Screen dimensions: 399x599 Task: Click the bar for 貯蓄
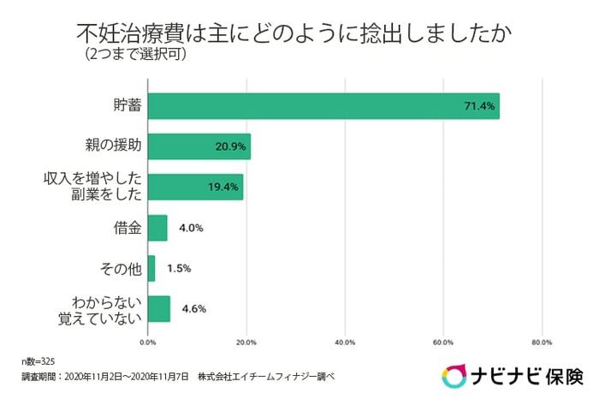323,105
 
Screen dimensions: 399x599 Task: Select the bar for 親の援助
199,146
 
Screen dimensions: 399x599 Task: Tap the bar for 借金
157,228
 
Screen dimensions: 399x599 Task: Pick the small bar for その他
151,268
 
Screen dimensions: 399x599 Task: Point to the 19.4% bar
195,187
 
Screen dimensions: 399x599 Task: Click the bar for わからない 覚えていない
159,308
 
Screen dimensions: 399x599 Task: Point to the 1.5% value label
179,268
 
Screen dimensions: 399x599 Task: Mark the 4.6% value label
193,308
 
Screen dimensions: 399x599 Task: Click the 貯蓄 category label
127,105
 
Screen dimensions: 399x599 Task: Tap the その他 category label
121,268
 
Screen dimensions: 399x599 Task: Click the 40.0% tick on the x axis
344,342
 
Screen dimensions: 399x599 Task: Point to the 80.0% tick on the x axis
541,342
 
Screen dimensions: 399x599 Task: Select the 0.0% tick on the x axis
148,342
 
